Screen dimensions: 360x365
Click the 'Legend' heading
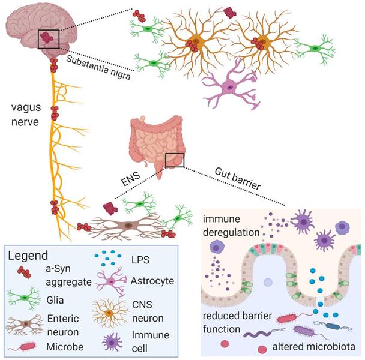point(28,255)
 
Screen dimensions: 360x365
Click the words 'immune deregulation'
point(231,225)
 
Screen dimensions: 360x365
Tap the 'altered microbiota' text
point(316,346)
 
